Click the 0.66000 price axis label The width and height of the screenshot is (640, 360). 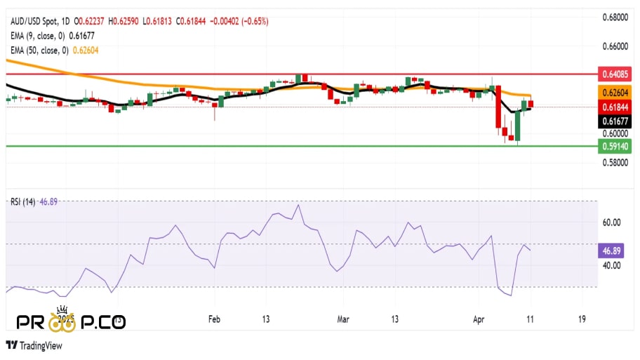click(614, 46)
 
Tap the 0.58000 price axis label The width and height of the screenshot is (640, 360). click(614, 163)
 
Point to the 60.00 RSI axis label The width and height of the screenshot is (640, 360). click(611, 222)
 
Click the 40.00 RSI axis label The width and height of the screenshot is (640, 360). click(611, 265)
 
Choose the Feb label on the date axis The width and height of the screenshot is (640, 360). click(214, 319)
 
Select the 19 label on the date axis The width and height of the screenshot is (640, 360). click(582, 319)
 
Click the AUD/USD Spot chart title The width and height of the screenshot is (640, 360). click(35, 21)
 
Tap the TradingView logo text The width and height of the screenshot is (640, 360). click(39, 345)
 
